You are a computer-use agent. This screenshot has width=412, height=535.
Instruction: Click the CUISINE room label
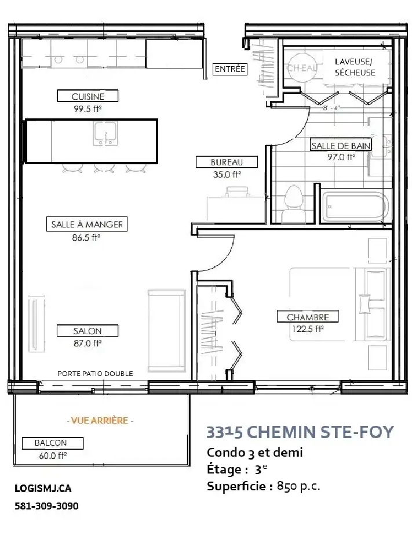[87, 96]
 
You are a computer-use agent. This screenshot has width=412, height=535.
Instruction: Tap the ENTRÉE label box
[230, 69]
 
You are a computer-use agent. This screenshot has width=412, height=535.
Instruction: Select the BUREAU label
[227, 162]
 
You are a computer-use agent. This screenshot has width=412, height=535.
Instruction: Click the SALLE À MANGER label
[87, 224]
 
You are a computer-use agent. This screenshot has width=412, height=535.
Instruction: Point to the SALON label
[87, 331]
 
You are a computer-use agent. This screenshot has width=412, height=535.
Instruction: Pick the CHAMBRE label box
[308, 317]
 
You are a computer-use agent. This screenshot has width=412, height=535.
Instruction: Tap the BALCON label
[53, 443]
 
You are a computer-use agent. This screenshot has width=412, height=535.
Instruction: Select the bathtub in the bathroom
[355, 207]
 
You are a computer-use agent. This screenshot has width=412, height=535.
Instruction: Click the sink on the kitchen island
[105, 133]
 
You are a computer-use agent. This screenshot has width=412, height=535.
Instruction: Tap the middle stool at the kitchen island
[104, 168]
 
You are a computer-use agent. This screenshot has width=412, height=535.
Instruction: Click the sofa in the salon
[167, 331]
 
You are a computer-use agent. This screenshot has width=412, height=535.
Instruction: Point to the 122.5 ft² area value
[307, 329]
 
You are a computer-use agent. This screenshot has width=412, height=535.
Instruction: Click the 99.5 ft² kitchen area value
[87, 109]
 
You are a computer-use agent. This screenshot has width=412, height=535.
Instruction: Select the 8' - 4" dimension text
[331, 108]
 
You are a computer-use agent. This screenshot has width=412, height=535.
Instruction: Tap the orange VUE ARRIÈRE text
[100, 420]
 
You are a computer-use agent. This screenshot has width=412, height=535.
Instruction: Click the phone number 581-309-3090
[46, 505]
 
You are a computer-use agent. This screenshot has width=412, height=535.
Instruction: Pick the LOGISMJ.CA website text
[43, 488]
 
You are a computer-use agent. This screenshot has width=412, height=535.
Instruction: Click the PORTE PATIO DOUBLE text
[95, 374]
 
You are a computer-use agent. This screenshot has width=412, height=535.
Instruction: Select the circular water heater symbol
[301, 67]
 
